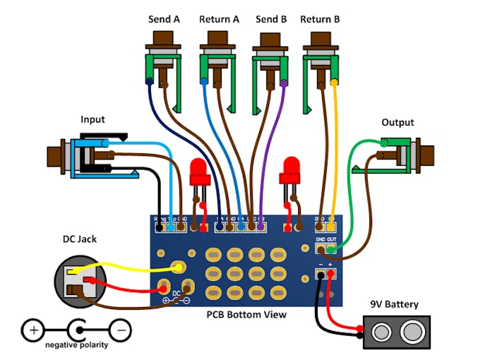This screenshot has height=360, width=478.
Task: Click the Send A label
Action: pyautogui.click(x=164, y=19)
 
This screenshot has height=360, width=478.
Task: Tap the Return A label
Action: pyautogui.click(x=219, y=19)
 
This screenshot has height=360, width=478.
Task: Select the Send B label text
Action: pyautogui.click(x=271, y=19)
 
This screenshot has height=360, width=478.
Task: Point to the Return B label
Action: pyautogui.click(x=320, y=19)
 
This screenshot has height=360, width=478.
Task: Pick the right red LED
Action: pyautogui.click(x=290, y=170)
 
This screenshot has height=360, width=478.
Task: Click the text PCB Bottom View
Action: pyautogui.click(x=246, y=314)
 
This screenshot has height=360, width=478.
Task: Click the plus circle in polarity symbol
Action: pyautogui.click(x=32, y=329)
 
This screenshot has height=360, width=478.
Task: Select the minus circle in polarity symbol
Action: pyautogui.click(x=121, y=329)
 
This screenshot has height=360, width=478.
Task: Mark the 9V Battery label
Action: pyautogui.click(x=395, y=305)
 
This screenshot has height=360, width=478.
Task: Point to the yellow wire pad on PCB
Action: pyautogui.click(x=179, y=268)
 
